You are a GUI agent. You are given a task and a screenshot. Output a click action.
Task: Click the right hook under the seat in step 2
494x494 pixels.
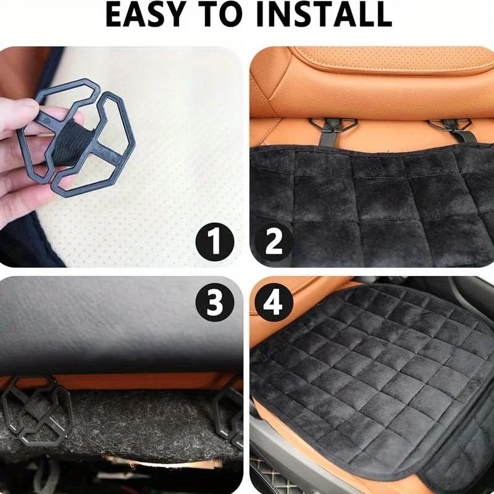click(450, 126)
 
